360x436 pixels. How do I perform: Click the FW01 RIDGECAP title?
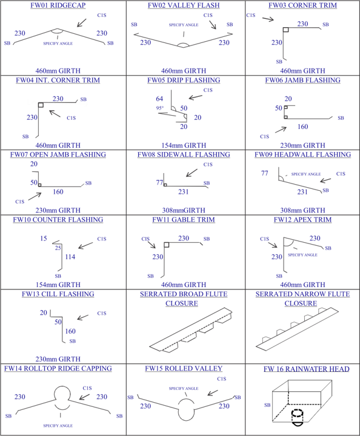(58, 5)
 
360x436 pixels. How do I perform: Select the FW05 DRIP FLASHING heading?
(184, 80)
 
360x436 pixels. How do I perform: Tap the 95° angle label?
(159, 108)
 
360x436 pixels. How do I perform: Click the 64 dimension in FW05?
(159, 99)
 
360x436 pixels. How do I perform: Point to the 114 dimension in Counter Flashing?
(70, 257)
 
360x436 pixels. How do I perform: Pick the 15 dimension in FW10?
(44, 239)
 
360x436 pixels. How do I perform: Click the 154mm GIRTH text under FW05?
(184, 145)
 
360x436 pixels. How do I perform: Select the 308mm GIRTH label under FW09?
(302, 210)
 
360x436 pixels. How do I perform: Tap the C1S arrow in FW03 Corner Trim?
(268, 19)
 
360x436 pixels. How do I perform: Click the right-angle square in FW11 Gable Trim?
(167, 245)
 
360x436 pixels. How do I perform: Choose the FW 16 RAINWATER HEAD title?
(306, 369)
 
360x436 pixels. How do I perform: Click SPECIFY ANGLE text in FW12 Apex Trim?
(302, 255)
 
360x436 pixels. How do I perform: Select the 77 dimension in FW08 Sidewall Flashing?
(159, 182)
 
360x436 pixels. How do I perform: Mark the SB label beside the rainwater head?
(267, 405)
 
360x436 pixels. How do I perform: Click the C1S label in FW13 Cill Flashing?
(102, 314)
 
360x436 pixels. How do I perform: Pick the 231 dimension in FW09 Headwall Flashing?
(302, 192)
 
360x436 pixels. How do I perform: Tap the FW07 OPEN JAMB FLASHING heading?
(58, 154)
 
